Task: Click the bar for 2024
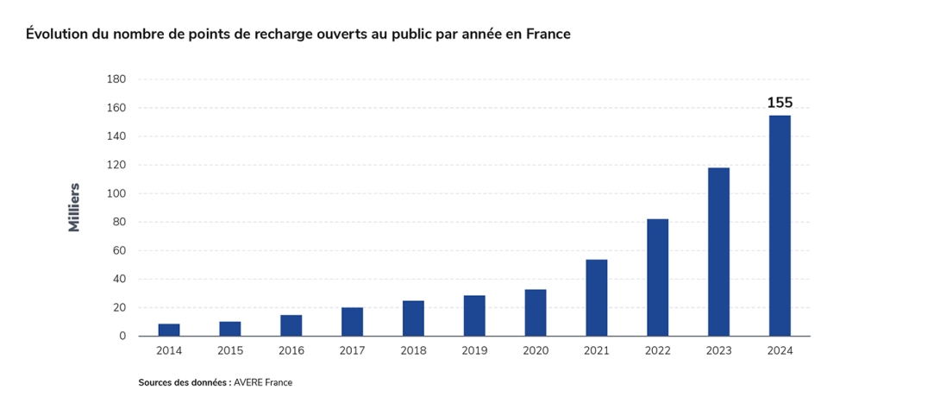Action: [x=780, y=225]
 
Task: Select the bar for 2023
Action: [x=718, y=252]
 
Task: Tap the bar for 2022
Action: [x=657, y=278]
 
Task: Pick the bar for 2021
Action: [x=597, y=298]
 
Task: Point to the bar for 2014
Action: [x=169, y=330]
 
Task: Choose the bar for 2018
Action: [x=413, y=318]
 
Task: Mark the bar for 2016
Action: [x=291, y=325]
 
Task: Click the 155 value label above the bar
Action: [x=780, y=103]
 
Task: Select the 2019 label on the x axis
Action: [x=474, y=351]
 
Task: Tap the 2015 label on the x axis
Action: [x=230, y=351]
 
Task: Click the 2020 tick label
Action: [x=536, y=351]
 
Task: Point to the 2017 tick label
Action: [x=352, y=351]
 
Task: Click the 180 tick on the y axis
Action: [x=116, y=79]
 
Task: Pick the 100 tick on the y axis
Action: [x=116, y=193]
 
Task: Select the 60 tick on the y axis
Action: [x=119, y=250]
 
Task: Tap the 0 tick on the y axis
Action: [x=123, y=337]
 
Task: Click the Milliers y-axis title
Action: [x=74, y=207]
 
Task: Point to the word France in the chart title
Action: [x=548, y=35]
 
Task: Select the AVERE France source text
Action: [x=263, y=382]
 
